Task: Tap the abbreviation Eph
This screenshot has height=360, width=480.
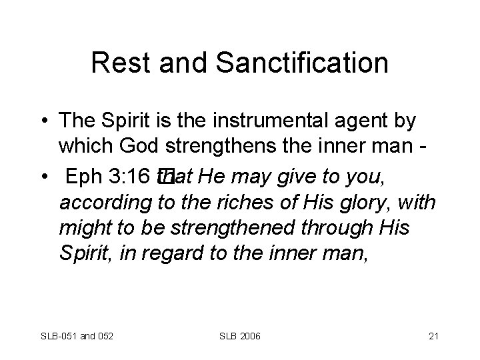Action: pyautogui.click(x=86, y=177)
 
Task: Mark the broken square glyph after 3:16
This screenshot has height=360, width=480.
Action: pyautogui.click(x=165, y=176)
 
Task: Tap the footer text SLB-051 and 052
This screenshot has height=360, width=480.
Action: pyautogui.click(x=77, y=333)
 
